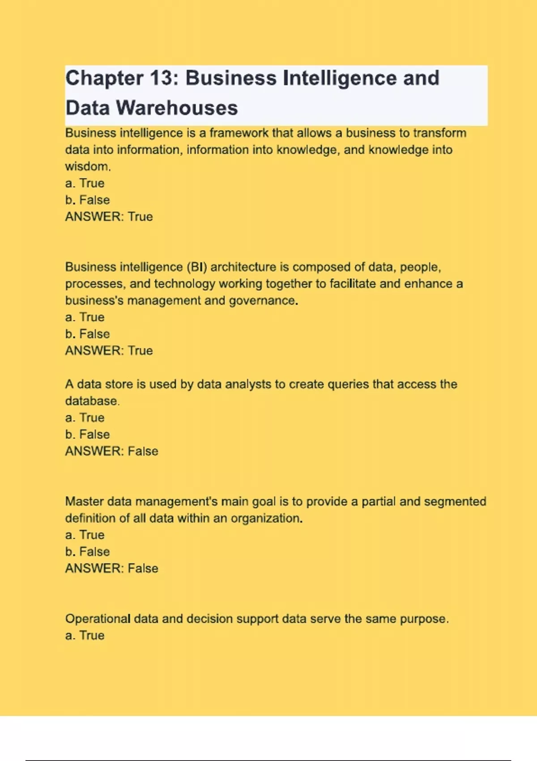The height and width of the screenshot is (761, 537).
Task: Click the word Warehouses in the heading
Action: point(177,108)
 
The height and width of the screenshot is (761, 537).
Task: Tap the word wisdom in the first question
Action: point(87,167)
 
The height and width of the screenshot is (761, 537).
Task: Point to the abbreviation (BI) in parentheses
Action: point(196,267)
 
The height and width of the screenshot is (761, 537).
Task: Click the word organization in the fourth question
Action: point(266,518)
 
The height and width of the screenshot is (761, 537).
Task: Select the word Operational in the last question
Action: point(98,619)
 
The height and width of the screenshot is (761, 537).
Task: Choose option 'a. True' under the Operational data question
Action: point(85,636)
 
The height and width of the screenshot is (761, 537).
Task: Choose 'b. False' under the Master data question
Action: point(87,552)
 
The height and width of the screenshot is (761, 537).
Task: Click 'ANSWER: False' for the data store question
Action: point(111,451)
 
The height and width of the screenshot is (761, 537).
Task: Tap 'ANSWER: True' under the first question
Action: point(109,217)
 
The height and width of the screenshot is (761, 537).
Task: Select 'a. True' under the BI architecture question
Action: point(85,317)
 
